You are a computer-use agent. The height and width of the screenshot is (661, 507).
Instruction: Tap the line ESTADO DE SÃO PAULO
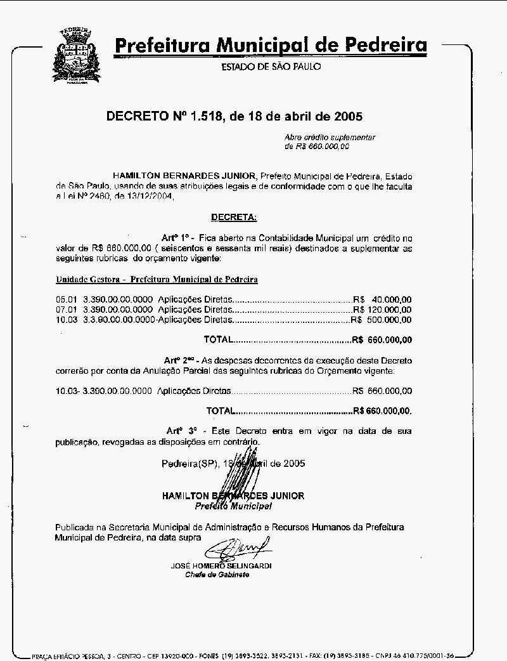point(271,67)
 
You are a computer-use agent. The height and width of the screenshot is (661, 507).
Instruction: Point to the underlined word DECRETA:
point(234,218)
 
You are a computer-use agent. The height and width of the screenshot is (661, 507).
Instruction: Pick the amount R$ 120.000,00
point(382,310)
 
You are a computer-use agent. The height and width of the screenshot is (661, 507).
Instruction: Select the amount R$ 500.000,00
point(381,320)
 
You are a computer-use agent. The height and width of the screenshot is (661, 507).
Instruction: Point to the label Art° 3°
point(181,431)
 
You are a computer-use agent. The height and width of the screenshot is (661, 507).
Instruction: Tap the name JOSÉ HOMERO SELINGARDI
point(221,565)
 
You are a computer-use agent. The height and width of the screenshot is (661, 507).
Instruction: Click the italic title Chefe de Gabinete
point(217,575)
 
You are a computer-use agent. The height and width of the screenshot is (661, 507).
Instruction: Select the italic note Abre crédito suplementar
point(330,137)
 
